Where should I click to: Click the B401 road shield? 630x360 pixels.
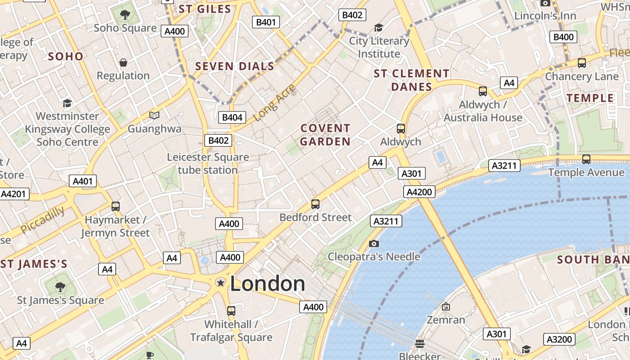265,22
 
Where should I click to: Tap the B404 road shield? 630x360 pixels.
232,118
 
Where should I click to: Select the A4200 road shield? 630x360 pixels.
419,192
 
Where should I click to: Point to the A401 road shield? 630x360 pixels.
82,181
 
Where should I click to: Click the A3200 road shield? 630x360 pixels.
559,339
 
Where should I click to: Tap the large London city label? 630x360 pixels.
267,283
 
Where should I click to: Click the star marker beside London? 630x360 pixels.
220,283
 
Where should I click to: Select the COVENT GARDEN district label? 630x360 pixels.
325,135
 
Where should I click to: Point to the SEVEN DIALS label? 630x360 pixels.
234,67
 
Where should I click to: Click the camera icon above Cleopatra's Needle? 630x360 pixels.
373,243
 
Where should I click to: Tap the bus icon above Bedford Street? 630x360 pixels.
315,204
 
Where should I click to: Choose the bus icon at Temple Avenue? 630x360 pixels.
586,159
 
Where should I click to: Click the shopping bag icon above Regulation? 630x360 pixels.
123,63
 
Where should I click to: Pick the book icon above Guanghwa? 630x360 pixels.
154,116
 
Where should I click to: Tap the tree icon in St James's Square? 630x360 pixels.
60,287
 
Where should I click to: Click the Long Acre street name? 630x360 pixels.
274,103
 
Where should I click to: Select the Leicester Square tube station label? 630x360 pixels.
208,164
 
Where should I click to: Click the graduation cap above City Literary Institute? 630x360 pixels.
378,28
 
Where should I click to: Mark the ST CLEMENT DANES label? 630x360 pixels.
411,80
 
